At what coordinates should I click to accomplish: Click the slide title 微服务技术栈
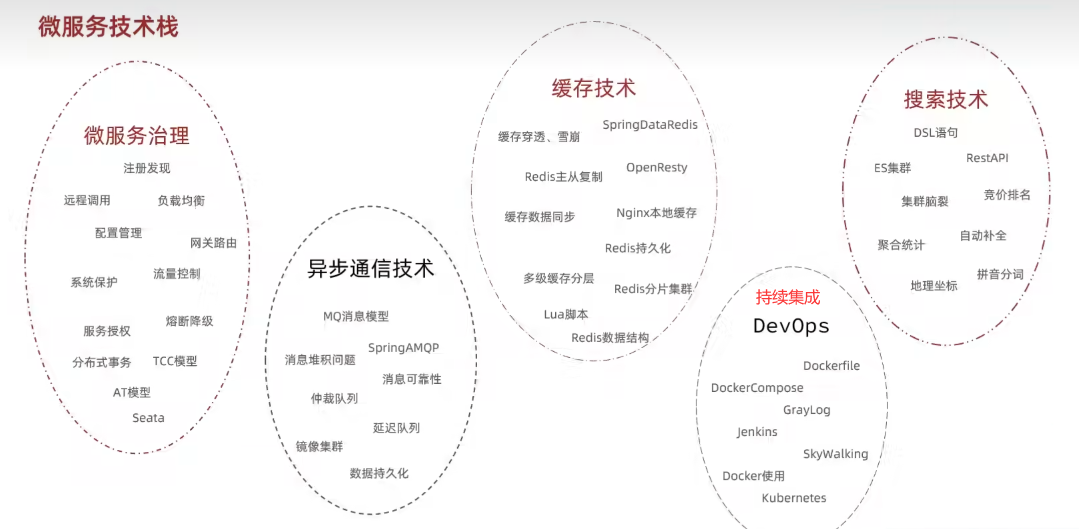(x=108, y=27)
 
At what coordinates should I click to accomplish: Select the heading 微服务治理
(x=137, y=136)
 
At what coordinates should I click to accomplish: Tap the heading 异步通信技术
(x=371, y=269)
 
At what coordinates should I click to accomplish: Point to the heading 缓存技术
(x=594, y=89)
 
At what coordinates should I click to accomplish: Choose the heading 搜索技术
(x=946, y=100)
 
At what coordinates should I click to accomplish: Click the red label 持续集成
(x=788, y=297)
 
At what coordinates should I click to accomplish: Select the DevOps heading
(x=791, y=326)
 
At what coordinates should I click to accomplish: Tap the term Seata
(x=148, y=418)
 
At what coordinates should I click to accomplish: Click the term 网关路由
(x=213, y=243)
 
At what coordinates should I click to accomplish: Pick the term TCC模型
(x=175, y=361)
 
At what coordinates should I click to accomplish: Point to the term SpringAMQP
(x=404, y=348)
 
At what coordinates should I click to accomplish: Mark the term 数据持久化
(x=379, y=473)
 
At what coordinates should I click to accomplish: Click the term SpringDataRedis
(x=650, y=125)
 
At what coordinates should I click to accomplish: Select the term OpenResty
(x=656, y=167)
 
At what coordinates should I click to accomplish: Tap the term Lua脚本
(x=566, y=315)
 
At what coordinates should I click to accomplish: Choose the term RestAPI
(x=987, y=158)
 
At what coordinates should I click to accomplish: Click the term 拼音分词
(x=1000, y=274)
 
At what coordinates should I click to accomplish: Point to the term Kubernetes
(x=794, y=498)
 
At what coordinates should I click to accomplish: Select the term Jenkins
(x=757, y=432)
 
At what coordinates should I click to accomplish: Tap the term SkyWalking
(x=835, y=454)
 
